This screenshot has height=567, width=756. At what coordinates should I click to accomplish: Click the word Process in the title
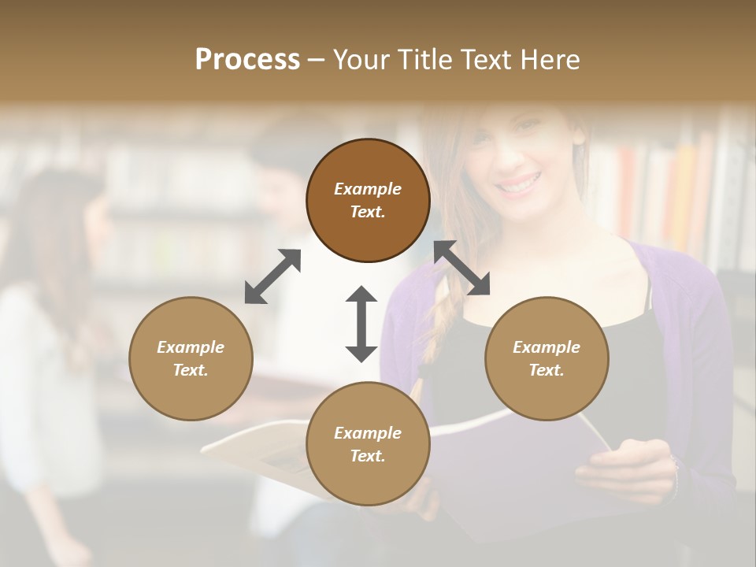tap(247, 60)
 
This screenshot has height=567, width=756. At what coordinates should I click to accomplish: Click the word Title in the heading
tap(421, 60)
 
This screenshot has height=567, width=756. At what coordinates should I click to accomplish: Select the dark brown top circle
tap(368, 200)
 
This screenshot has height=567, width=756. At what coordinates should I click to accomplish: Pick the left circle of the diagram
tap(191, 358)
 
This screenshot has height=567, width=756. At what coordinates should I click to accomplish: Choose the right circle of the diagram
tap(547, 358)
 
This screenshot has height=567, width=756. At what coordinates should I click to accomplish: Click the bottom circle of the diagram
tap(368, 443)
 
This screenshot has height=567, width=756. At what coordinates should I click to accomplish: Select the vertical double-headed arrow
tap(361, 324)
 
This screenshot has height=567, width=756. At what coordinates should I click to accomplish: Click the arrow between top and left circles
tap(272, 276)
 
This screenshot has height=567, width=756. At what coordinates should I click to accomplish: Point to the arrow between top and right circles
tap(461, 269)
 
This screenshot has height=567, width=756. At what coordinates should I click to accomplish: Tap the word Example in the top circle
tap(368, 189)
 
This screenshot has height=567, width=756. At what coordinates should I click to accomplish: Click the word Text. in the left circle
tap(191, 370)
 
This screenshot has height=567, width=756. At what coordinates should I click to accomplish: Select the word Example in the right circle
tap(547, 347)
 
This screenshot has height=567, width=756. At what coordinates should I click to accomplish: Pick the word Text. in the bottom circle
tap(368, 456)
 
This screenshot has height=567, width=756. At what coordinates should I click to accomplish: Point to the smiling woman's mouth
tap(519, 186)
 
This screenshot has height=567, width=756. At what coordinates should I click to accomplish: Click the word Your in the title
tap(360, 60)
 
